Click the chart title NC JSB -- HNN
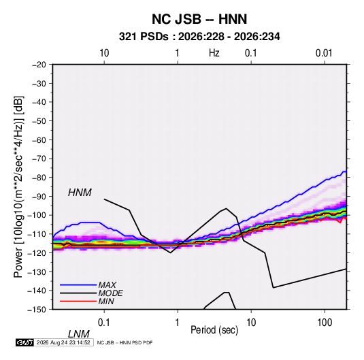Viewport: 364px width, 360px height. click(x=199, y=19)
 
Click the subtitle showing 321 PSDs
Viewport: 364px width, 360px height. click(x=199, y=37)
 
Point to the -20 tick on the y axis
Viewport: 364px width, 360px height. click(x=39, y=65)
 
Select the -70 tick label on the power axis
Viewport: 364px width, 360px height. click(x=39, y=159)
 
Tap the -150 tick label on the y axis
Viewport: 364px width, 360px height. click(x=37, y=310)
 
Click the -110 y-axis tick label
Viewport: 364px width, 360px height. click(x=37, y=234)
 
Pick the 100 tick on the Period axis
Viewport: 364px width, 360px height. click(x=325, y=323)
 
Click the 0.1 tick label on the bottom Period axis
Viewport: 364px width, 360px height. click(x=104, y=323)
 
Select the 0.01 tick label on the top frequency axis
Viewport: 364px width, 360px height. click(x=324, y=53)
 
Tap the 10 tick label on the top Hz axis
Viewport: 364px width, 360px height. click(x=104, y=53)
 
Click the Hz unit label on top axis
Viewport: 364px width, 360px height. click(x=214, y=53)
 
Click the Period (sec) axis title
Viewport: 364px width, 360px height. click(x=214, y=330)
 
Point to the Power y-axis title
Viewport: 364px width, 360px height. click(x=18, y=187)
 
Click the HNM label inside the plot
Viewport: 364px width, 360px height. click(x=80, y=193)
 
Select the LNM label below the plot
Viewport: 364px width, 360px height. click(x=79, y=334)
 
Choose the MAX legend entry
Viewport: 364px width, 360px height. click(x=107, y=285)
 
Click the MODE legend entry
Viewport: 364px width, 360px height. click(x=110, y=293)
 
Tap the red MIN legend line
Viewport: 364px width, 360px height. click(x=78, y=301)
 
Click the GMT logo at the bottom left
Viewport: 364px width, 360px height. click(x=24, y=342)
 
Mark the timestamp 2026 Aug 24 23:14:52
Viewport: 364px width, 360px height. click(x=63, y=342)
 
